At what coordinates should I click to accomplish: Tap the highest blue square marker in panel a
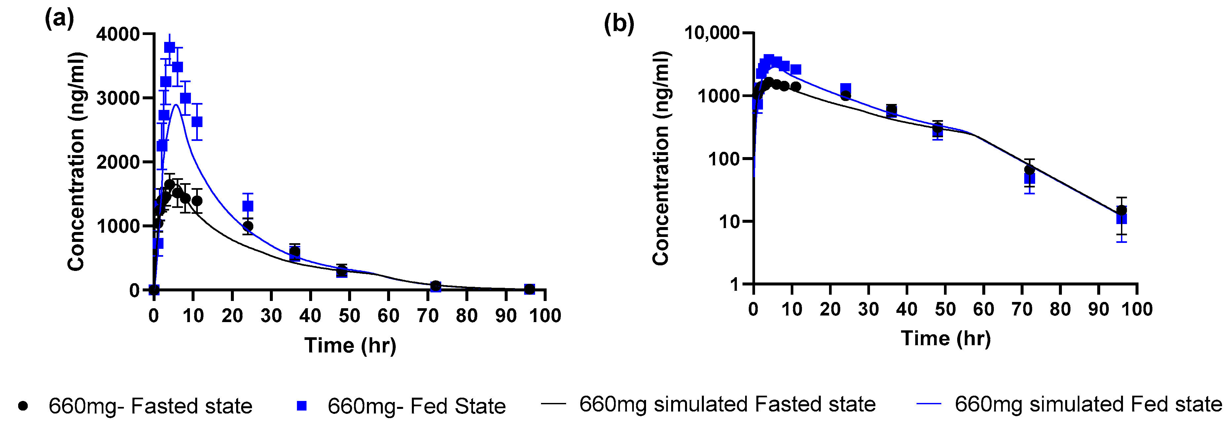coord(169,47)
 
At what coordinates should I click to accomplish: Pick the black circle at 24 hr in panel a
coord(248,226)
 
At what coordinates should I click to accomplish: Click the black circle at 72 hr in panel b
coord(1030,169)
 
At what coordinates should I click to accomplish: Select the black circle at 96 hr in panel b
coord(1122,210)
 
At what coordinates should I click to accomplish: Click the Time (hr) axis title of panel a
coord(350,345)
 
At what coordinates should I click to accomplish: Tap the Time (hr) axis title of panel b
coord(945,338)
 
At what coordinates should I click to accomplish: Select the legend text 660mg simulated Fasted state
coord(727,404)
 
